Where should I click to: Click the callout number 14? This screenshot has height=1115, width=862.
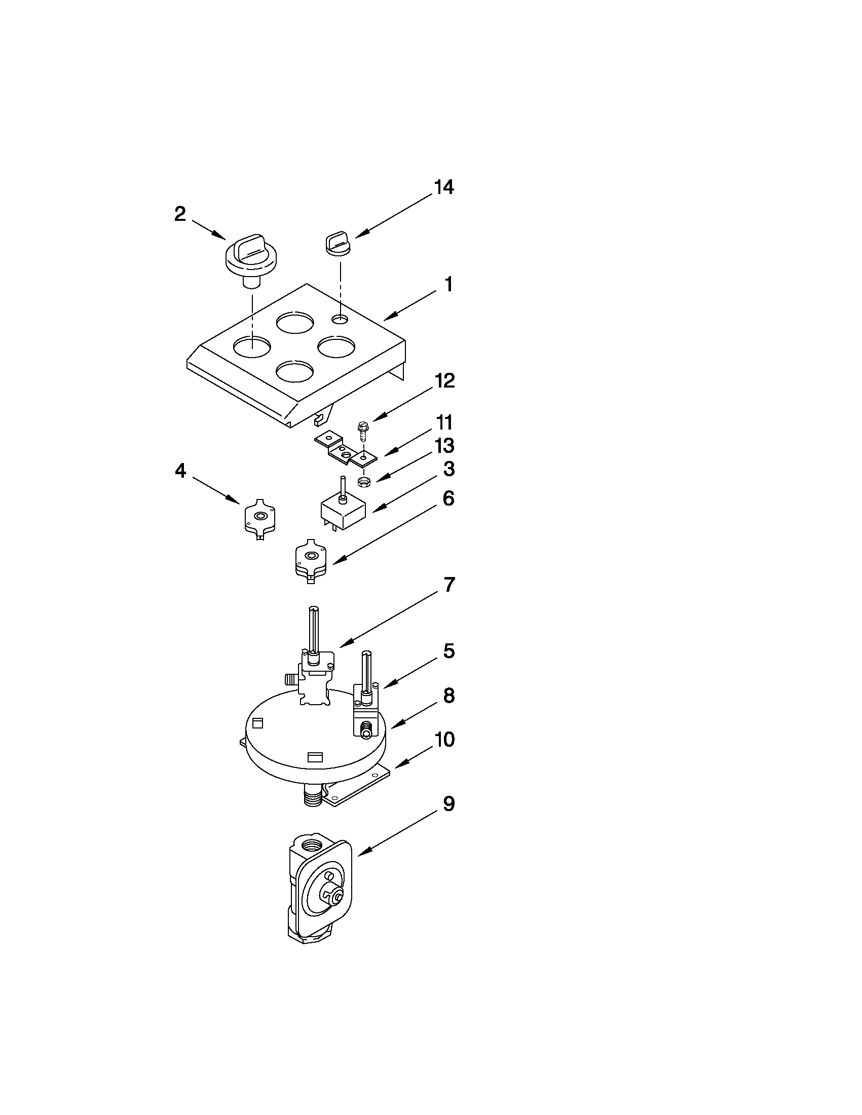click(443, 187)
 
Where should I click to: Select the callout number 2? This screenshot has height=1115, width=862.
click(180, 214)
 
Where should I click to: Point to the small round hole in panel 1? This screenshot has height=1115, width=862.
click(340, 319)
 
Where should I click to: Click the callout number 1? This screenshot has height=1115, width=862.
click(448, 285)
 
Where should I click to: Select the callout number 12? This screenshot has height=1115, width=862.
click(444, 381)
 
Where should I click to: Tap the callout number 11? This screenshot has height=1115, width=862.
click(444, 423)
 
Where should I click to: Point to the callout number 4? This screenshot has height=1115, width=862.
click(180, 471)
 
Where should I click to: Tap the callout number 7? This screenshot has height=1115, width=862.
click(448, 585)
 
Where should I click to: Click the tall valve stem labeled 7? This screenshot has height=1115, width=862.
click(315, 659)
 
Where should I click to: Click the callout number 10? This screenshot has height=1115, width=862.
click(444, 740)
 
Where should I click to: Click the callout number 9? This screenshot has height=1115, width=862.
click(448, 804)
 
